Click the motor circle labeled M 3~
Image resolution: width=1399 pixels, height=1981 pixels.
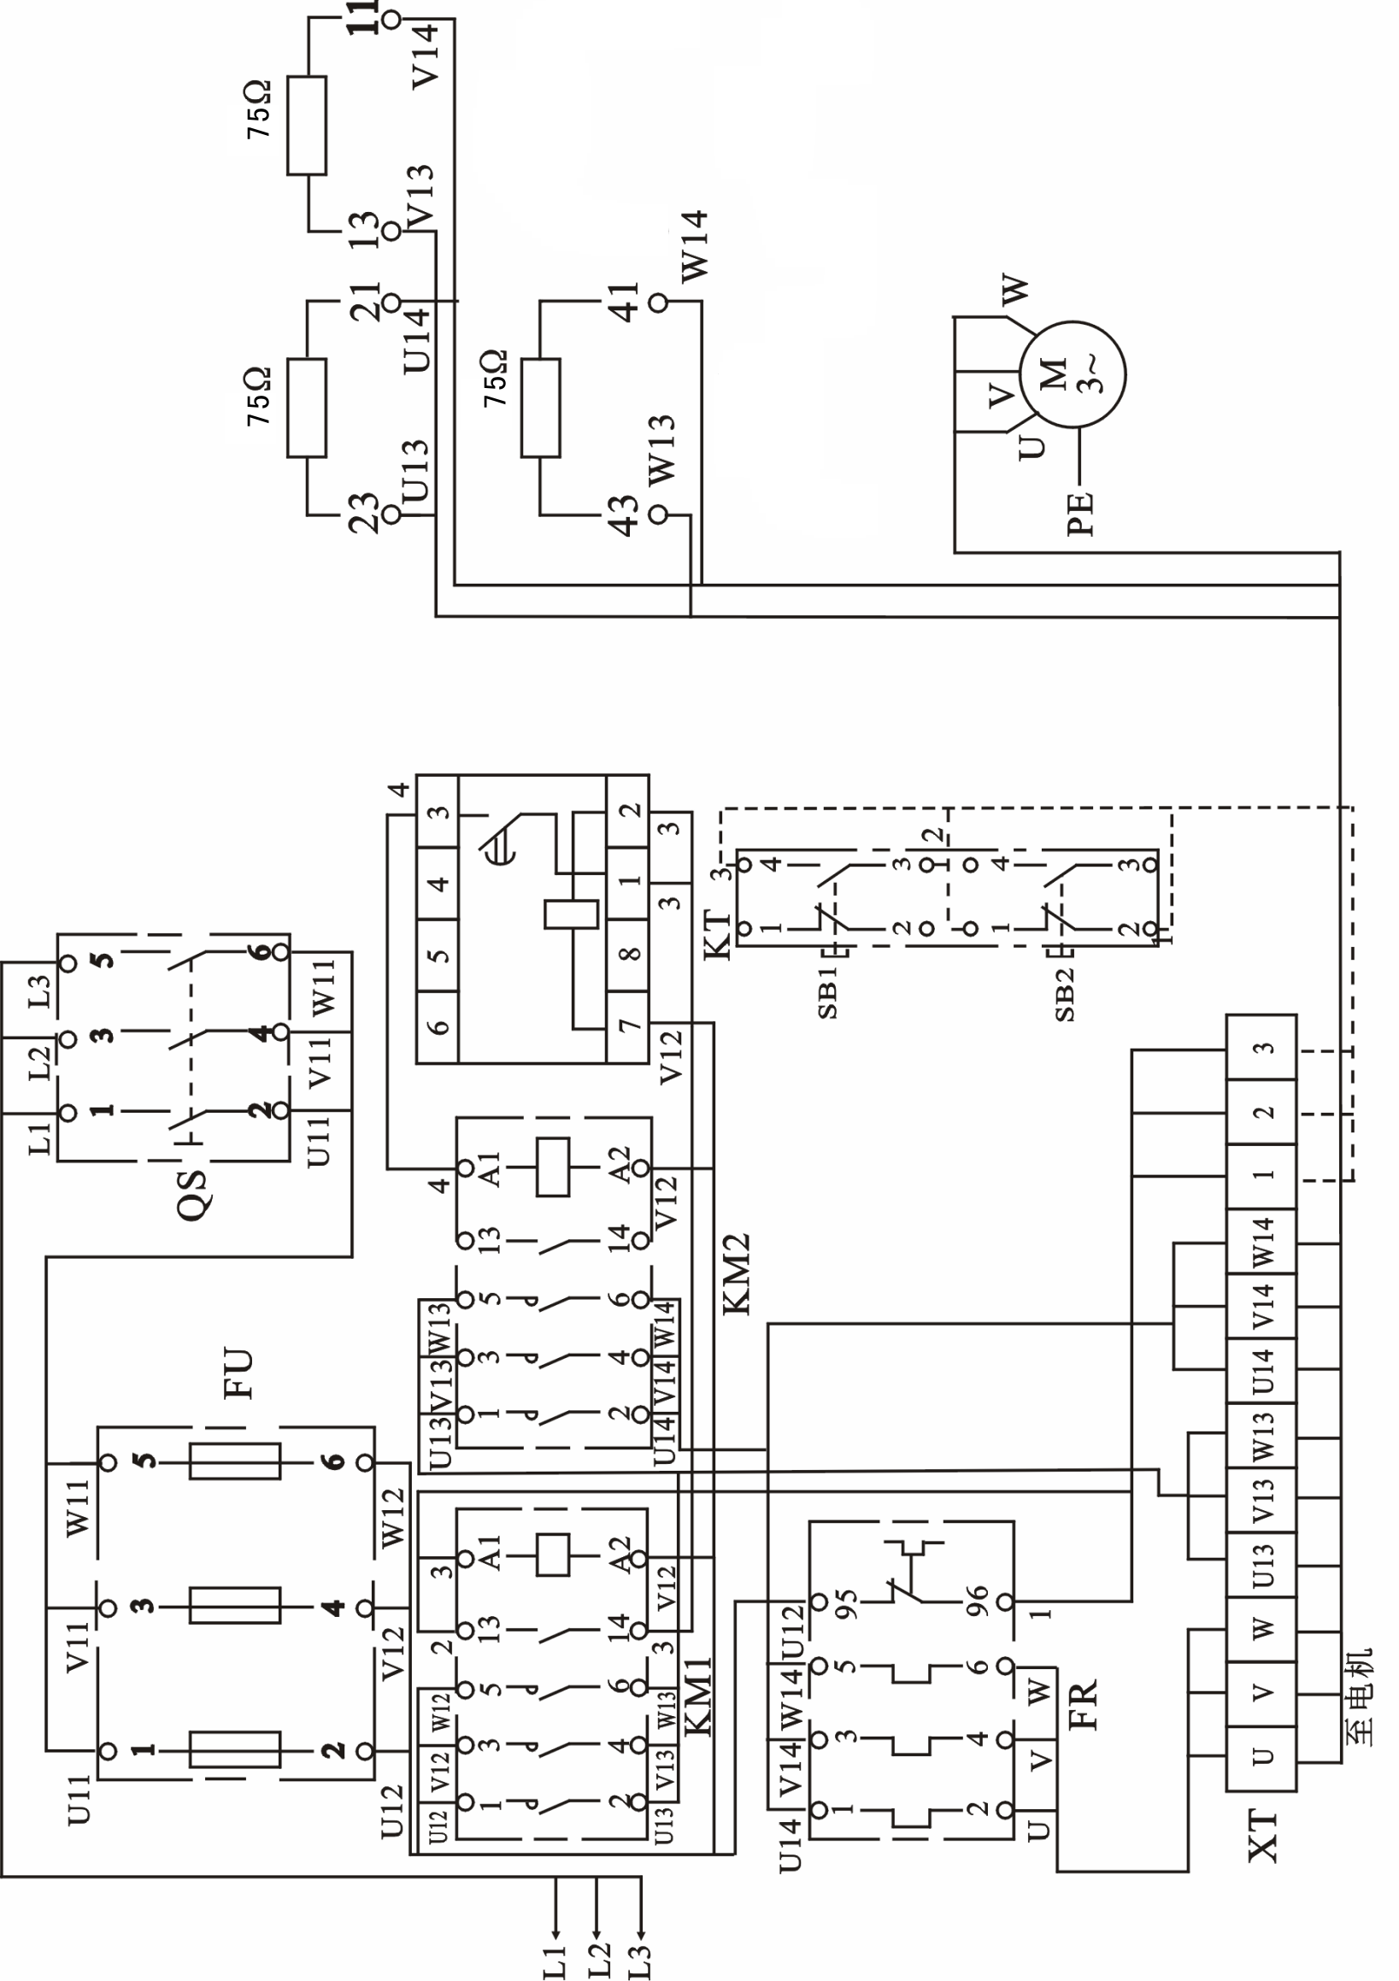pyautogui.click(x=1073, y=373)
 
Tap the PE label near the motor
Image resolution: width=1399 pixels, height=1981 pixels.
pyautogui.click(x=1079, y=514)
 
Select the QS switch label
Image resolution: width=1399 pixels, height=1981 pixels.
pyautogui.click(x=191, y=1194)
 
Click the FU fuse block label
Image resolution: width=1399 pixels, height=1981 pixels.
pyautogui.click(x=238, y=1373)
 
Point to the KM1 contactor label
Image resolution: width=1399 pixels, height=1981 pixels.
pyautogui.click(x=698, y=1696)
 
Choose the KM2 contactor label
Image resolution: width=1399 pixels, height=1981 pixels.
pyautogui.click(x=736, y=1274)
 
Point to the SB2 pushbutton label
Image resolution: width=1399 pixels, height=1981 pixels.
pyautogui.click(x=1065, y=995)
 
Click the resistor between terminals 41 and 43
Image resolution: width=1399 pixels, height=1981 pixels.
pyautogui.click(x=540, y=409)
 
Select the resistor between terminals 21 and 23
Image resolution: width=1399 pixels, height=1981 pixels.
pyautogui.click(x=307, y=409)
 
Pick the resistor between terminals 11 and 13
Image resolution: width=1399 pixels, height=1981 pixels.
pyautogui.click(x=307, y=126)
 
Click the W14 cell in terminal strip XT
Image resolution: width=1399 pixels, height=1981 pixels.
pyautogui.click(x=1261, y=1242)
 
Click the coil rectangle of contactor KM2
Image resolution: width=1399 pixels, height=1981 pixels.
pyautogui.click(x=552, y=1167)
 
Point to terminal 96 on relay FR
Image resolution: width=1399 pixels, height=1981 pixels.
pyautogui.click(x=1003, y=1602)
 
